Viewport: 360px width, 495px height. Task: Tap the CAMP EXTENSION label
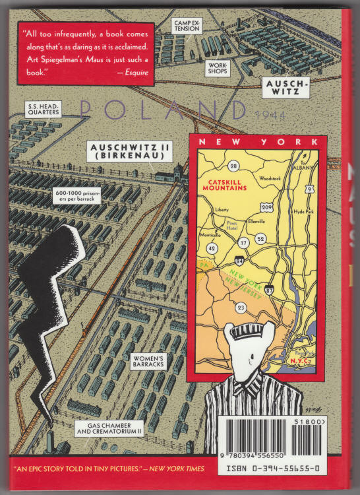187,26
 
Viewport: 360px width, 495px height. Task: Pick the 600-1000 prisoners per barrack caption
78,195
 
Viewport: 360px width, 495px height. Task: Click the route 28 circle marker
234,166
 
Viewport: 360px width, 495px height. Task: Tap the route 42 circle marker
211,248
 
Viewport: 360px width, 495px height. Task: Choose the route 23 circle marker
241,307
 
